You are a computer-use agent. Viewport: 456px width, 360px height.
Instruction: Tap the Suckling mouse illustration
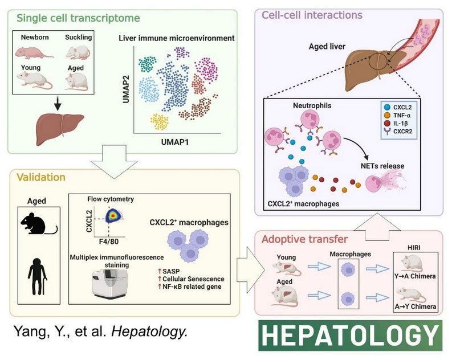pyautogui.click(x=78, y=53)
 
